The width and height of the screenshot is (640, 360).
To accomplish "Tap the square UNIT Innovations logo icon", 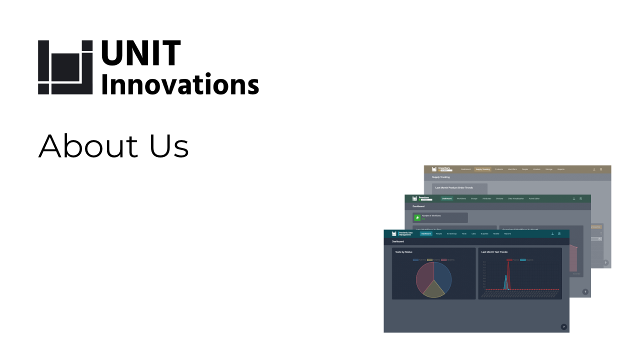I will click(65, 67).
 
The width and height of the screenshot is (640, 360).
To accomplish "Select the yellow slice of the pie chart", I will click(433, 290).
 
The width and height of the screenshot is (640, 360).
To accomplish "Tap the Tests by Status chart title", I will click(404, 252).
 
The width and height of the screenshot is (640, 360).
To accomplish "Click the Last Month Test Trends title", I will click(494, 252).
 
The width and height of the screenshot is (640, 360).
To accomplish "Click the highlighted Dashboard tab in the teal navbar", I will click(426, 233).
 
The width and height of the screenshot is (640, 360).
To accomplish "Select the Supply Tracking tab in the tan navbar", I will click(482, 169).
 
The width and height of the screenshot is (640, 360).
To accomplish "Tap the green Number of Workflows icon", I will click(417, 217).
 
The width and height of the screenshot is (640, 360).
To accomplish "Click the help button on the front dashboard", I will click(563, 327).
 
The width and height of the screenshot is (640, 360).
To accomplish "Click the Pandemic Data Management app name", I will click(406, 233).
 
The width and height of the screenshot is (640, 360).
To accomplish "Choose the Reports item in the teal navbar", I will click(507, 233).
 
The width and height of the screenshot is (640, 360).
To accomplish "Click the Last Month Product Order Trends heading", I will click(454, 188).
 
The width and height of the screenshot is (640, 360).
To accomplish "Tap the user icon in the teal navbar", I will click(552, 233).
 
